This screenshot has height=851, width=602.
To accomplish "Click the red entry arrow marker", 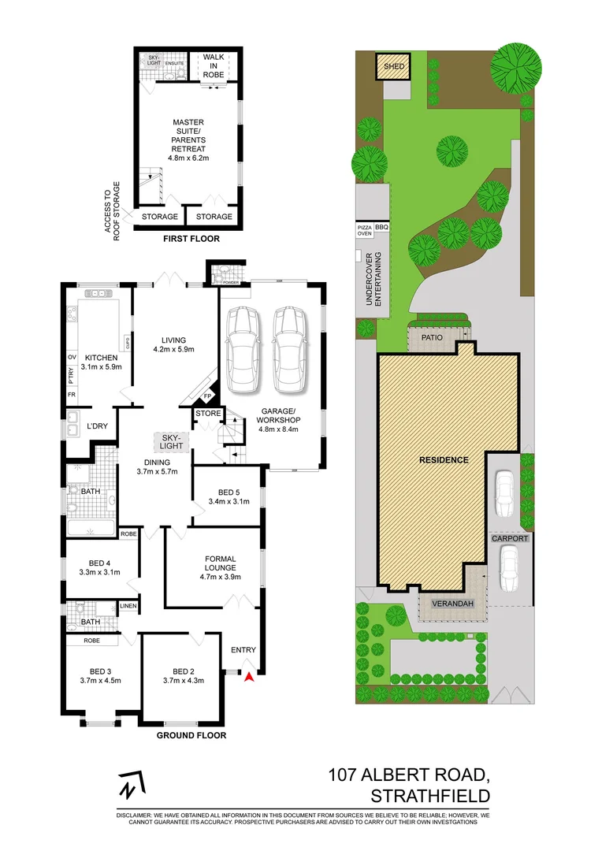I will click(x=250, y=675).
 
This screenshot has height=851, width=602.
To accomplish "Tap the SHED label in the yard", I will click(x=394, y=67).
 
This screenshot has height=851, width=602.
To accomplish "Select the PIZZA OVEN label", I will click(x=364, y=230).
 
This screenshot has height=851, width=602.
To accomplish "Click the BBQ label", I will click(x=382, y=227).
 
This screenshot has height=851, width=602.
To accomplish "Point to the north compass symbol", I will click(x=129, y=785).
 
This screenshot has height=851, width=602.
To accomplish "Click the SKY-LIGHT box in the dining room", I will click(x=172, y=441).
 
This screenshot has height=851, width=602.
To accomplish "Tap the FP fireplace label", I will click(x=208, y=396).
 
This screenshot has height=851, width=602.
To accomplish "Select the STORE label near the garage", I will click(x=208, y=413).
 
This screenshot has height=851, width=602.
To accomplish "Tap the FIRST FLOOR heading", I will click(x=191, y=239).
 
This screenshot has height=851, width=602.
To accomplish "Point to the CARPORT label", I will click(x=509, y=538).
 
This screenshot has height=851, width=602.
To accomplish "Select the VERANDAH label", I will click(x=453, y=604).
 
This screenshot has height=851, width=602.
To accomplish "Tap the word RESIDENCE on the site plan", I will click(x=444, y=459).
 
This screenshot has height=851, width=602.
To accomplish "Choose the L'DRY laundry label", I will click(x=97, y=426).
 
